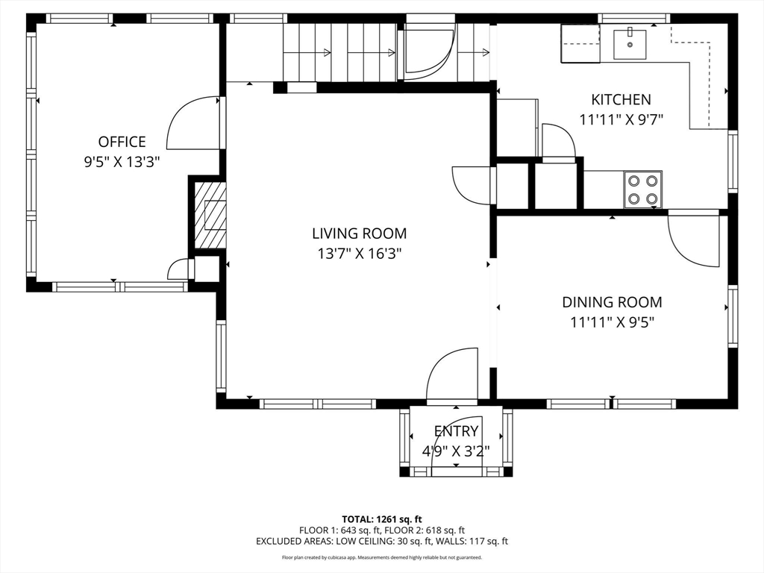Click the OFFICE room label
[122, 142]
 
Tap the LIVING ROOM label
[360, 234]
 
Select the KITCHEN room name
[621, 99]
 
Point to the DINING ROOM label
[612, 302]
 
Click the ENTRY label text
[456, 431]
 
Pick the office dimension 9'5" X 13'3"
[122, 162]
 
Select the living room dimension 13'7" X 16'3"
[360, 254]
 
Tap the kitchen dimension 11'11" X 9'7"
[621, 119]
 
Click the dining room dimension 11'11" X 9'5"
[612, 322]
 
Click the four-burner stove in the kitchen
[642, 190]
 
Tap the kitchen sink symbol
[630, 44]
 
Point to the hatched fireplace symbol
[210, 215]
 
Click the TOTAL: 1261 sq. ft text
[381, 519]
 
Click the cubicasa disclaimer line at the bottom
[381, 557]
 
